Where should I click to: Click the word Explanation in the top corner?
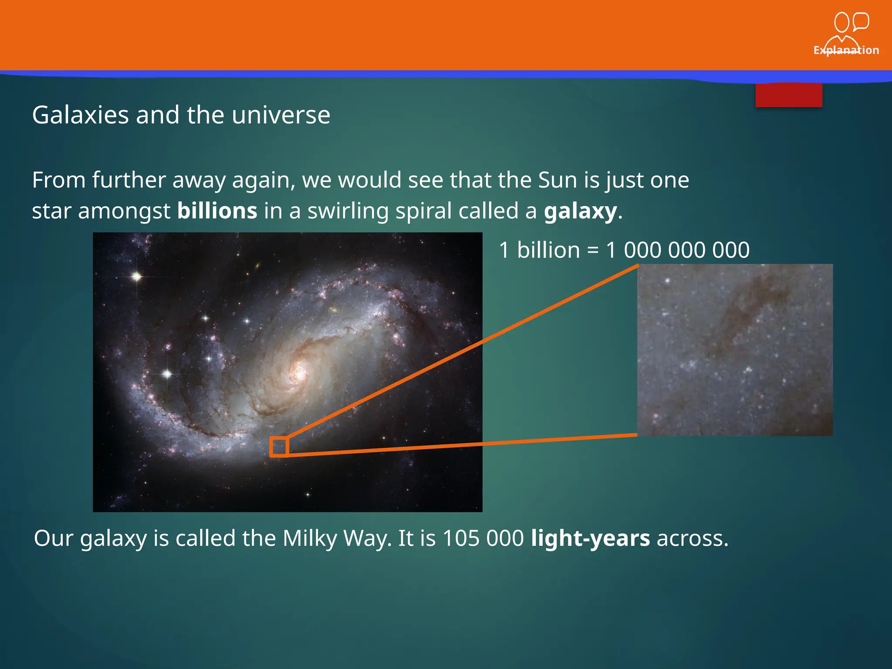pyautogui.click(x=846, y=50)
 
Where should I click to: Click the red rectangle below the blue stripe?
pyautogui.click(x=788, y=95)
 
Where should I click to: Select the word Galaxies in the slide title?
pyautogui.click(x=81, y=115)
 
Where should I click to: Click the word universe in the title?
pyautogui.click(x=281, y=115)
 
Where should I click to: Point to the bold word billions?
pyautogui.click(x=217, y=211)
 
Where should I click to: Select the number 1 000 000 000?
pyautogui.click(x=678, y=250)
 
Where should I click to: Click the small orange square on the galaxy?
pyautogui.click(x=279, y=446)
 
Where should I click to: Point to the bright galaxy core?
pyautogui.click(x=300, y=372)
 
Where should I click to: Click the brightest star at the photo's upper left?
pyautogui.click(x=137, y=276)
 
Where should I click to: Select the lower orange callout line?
pyautogui.click(x=462, y=445)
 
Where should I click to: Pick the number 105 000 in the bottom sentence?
pyautogui.click(x=483, y=538)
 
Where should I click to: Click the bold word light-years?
pyautogui.click(x=590, y=538)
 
